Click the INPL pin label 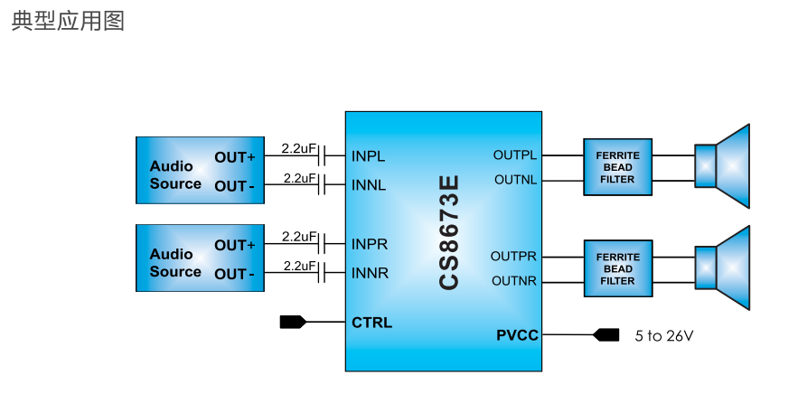click(368, 156)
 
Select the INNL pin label click(369, 185)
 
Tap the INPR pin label click(369, 244)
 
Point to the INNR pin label click(370, 273)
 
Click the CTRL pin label click(371, 323)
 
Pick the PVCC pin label click(517, 335)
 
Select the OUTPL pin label click(515, 155)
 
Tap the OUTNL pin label click(515, 180)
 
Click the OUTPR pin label click(514, 257)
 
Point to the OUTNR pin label click(514, 281)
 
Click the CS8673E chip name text click(449, 232)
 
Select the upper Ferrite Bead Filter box click(617, 167)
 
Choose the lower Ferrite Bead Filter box click(617, 268)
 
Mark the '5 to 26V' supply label click(664, 335)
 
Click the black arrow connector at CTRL click(293, 322)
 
